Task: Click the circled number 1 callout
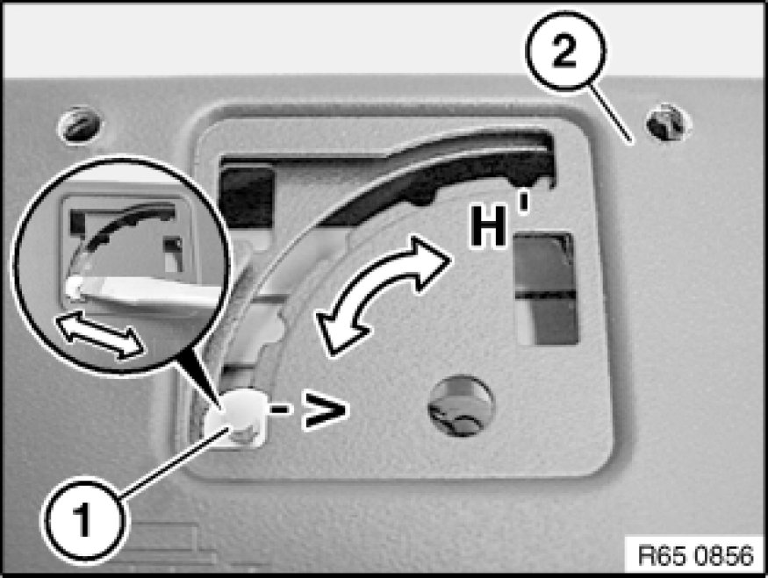83,521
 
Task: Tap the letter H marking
488,226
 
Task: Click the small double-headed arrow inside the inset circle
100,335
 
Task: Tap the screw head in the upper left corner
81,125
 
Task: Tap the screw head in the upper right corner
667,122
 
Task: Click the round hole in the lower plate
461,406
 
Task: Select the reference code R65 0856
696,556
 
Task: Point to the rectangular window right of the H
545,289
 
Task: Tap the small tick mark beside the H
524,203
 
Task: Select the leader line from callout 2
610,115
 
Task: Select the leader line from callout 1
174,461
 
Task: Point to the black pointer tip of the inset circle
218,404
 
